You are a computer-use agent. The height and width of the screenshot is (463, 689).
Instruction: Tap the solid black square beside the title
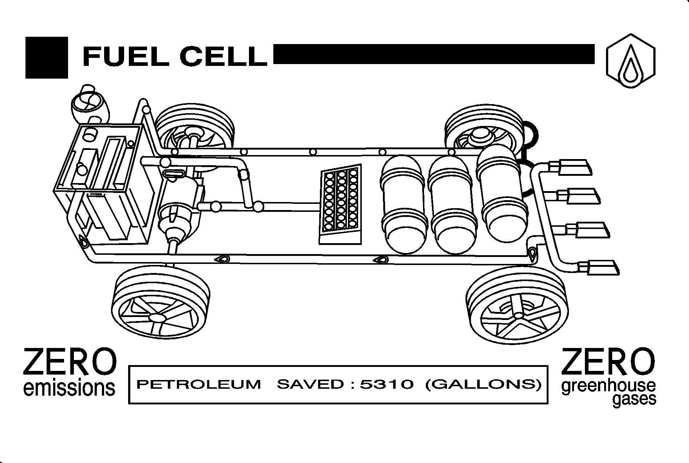pos(47,58)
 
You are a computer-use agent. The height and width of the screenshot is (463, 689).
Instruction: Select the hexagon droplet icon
pos(631,61)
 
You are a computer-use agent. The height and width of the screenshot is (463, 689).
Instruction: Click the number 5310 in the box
pos(387,384)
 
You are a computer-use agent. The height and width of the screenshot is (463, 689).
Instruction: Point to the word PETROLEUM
pos(199,384)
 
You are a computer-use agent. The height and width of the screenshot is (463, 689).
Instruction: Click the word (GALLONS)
pos(483,384)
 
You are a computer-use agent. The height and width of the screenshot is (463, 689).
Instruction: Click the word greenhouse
pos(609,387)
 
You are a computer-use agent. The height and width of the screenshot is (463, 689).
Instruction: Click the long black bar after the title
pos(433,54)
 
